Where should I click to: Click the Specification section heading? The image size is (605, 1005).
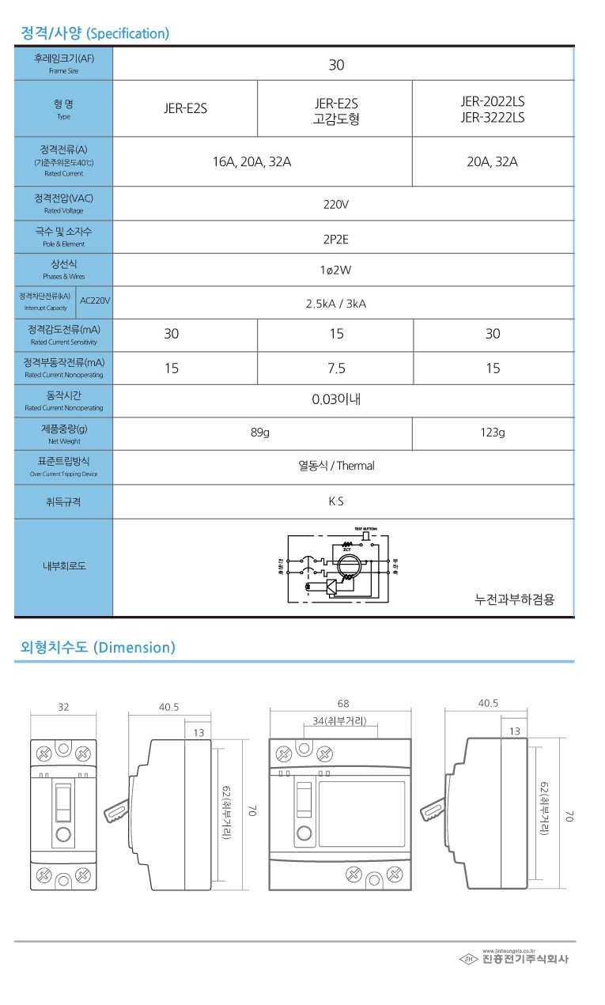[x=95, y=33]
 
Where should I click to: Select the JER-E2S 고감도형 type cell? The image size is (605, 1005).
[x=336, y=111]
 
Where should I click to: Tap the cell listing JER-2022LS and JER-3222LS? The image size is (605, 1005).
[x=492, y=110]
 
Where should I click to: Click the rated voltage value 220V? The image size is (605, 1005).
[x=336, y=204]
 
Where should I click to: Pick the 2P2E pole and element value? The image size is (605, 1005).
[x=336, y=237]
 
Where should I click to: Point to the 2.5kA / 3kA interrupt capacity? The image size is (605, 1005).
[x=336, y=303]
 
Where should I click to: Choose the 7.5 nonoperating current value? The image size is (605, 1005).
[x=336, y=368]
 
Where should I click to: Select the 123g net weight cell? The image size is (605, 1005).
[x=492, y=433]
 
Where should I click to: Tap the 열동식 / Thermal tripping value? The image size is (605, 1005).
[x=336, y=466]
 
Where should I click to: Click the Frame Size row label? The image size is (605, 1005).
[x=63, y=63]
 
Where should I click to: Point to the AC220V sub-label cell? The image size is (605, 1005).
[x=95, y=301]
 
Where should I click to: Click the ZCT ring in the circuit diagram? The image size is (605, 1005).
[x=348, y=567]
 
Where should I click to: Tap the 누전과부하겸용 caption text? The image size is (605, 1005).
[x=514, y=599]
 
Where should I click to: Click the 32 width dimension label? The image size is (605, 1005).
[x=63, y=707]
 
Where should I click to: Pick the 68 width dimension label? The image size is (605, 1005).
[x=342, y=703]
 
